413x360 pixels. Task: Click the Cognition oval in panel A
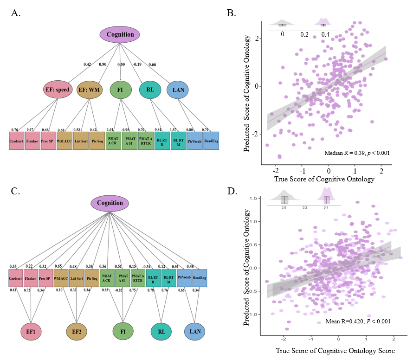point(120,34)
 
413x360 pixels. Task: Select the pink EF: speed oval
point(55,90)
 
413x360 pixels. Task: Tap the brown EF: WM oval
point(89,90)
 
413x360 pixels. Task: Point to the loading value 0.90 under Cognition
point(103,64)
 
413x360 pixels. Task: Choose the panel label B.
point(230,13)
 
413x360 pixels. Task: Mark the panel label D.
point(230,191)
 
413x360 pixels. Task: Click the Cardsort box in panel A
point(17,141)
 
